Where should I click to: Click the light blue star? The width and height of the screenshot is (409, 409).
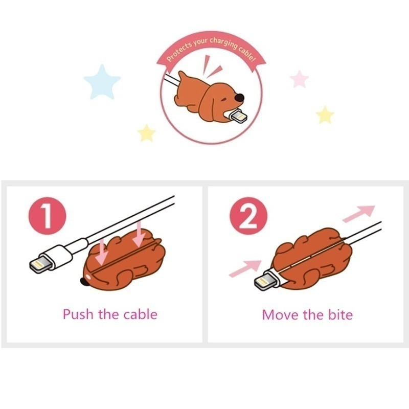(102, 81)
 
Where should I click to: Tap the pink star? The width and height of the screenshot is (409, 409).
(300, 79)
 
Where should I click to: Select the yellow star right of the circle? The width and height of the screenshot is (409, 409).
(325, 115)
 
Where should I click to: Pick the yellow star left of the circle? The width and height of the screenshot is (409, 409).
(147, 133)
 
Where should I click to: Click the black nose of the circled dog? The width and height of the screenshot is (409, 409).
(240, 97)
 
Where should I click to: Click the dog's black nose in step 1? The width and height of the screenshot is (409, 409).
(84, 282)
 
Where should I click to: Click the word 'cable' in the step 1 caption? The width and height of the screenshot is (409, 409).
(140, 313)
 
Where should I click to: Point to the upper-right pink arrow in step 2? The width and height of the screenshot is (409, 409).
(358, 213)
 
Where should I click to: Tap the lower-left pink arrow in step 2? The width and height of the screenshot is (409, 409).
(245, 268)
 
